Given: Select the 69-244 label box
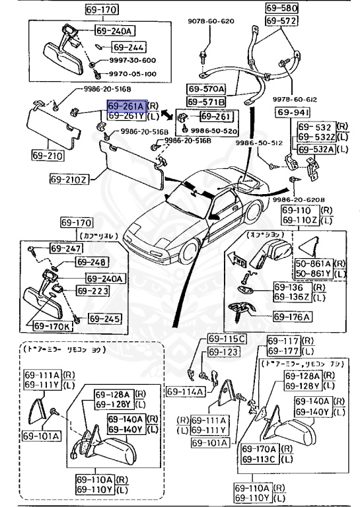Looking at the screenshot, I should click(x=127, y=48).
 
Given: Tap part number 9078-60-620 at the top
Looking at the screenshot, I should click(x=211, y=21).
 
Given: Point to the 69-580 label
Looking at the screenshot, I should click(x=282, y=9).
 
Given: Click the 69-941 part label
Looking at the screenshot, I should click(x=288, y=112).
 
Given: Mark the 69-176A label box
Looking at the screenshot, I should click(x=291, y=317).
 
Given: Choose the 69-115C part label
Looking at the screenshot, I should click(x=227, y=339).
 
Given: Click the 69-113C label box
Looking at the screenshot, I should click(x=260, y=459).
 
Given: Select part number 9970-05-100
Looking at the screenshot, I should click(x=131, y=74).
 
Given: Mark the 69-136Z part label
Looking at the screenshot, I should click(x=291, y=298).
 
